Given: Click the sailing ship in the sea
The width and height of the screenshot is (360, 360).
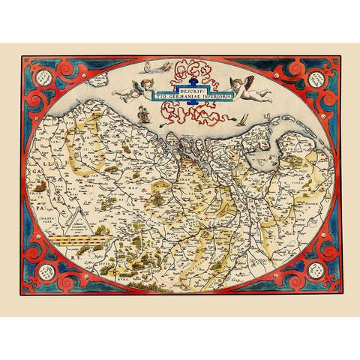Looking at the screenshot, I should [x=142, y=113].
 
